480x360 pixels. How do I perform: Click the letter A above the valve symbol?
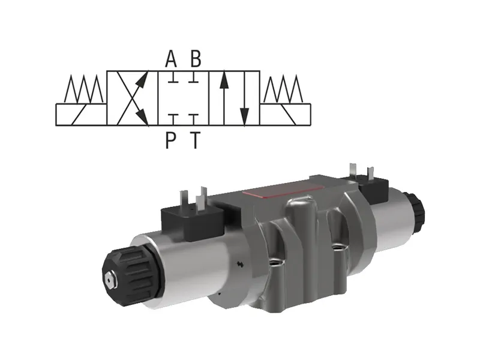pos(171,59)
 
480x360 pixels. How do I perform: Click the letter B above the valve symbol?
pos(196,59)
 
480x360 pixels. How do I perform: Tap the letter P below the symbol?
pos(171,140)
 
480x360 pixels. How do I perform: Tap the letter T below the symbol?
pos(194,140)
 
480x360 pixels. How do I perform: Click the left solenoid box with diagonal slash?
pos(80,114)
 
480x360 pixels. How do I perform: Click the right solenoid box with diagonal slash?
pos(286,114)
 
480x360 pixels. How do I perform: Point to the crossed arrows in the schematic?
pos(133,98)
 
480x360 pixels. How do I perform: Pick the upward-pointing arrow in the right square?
pos(224,98)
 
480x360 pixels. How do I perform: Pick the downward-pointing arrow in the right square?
pos(244,98)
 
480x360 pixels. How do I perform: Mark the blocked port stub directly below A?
pos(172,78)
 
